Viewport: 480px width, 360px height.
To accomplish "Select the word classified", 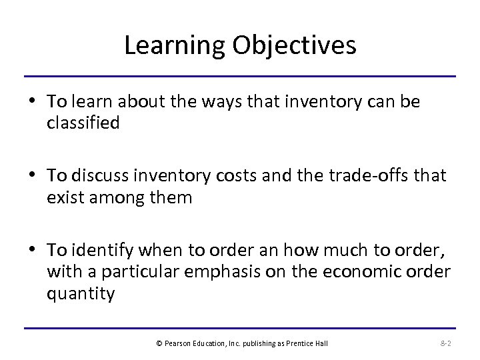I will click(83, 123).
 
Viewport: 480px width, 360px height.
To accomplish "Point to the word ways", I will click(213, 101).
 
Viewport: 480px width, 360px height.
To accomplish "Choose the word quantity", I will click(81, 293).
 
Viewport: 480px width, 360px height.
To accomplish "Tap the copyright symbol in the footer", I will click(158, 343).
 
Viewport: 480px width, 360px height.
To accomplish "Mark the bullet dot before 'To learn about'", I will click(33, 102).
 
